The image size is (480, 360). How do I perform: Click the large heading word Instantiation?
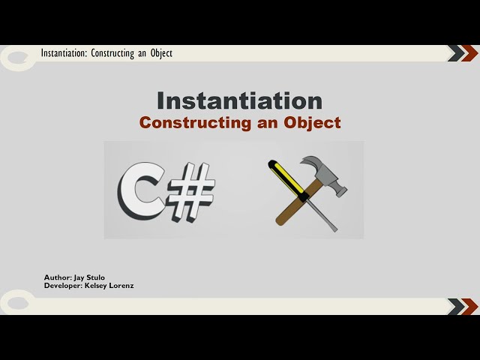[x=239, y=100]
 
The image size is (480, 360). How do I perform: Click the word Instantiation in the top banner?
[x=64, y=53]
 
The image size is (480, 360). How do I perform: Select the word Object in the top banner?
[x=160, y=53]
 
